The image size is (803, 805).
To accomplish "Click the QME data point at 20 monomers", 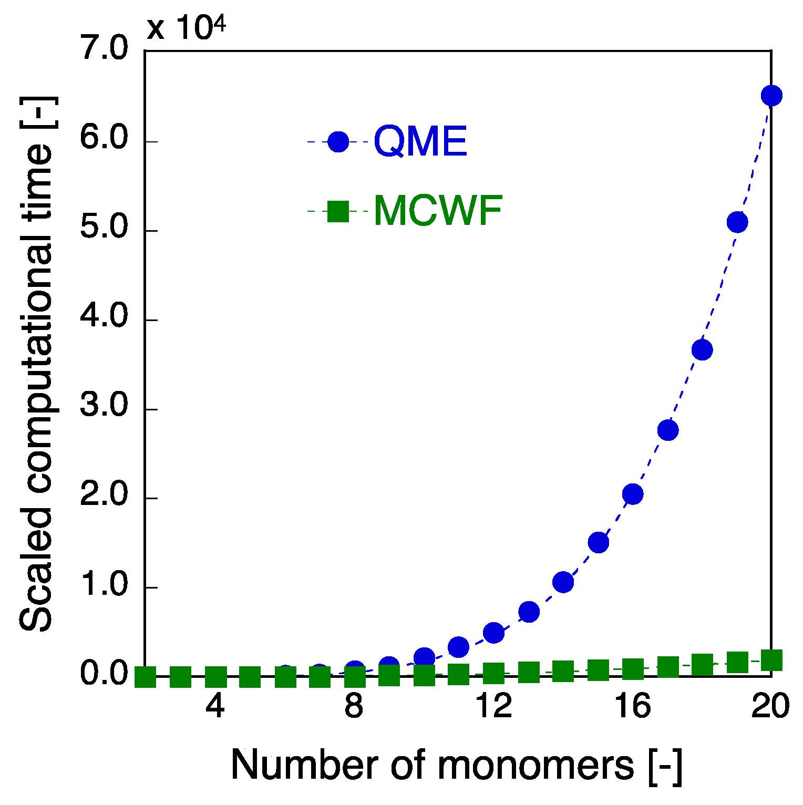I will point(771,96).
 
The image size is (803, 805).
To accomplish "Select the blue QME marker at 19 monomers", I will point(737,222).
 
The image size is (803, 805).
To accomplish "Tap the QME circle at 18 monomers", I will point(702,349).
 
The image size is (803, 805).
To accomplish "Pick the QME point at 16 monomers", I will point(632,494).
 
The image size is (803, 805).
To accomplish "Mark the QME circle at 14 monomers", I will point(563,582).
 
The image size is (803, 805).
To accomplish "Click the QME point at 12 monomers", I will point(493,633).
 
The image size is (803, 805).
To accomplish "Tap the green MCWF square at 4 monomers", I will point(215,677).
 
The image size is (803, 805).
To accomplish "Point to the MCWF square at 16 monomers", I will point(632,669).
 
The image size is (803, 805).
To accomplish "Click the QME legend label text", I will point(420,142).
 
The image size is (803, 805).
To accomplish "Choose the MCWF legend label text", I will point(438,211).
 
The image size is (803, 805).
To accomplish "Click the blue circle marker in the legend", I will point(338,141).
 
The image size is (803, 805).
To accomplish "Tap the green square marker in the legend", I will point(338,211).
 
